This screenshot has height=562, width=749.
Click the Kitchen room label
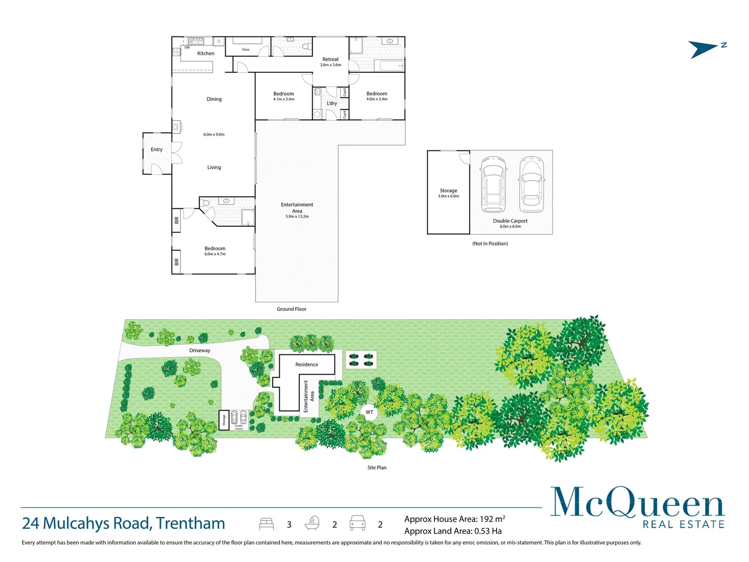pyautogui.click(x=205, y=54)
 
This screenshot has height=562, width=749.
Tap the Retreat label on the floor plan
pyautogui.click(x=330, y=59)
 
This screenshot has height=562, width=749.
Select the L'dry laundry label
pyautogui.click(x=331, y=104)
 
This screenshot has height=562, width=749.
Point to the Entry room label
pyautogui.click(x=157, y=150)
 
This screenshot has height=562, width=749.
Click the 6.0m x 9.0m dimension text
pyautogui.click(x=214, y=135)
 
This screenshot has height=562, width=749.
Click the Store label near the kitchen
pyautogui.click(x=246, y=50)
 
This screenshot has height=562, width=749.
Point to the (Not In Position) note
pyautogui.click(x=490, y=244)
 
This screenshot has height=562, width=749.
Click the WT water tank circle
pyautogui.click(x=369, y=412)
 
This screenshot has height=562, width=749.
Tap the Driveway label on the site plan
pyautogui.click(x=200, y=351)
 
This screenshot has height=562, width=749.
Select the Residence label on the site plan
pyautogui.click(x=306, y=365)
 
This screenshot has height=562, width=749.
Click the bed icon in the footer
pyautogui.click(x=266, y=523)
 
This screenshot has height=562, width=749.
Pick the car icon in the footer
pyautogui.click(x=357, y=523)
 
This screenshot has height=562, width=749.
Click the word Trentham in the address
pyautogui.click(x=190, y=523)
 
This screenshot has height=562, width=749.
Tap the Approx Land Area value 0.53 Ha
pyautogui.click(x=488, y=531)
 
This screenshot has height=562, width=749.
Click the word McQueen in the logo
pyautogui.click(x=637, y=503)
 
